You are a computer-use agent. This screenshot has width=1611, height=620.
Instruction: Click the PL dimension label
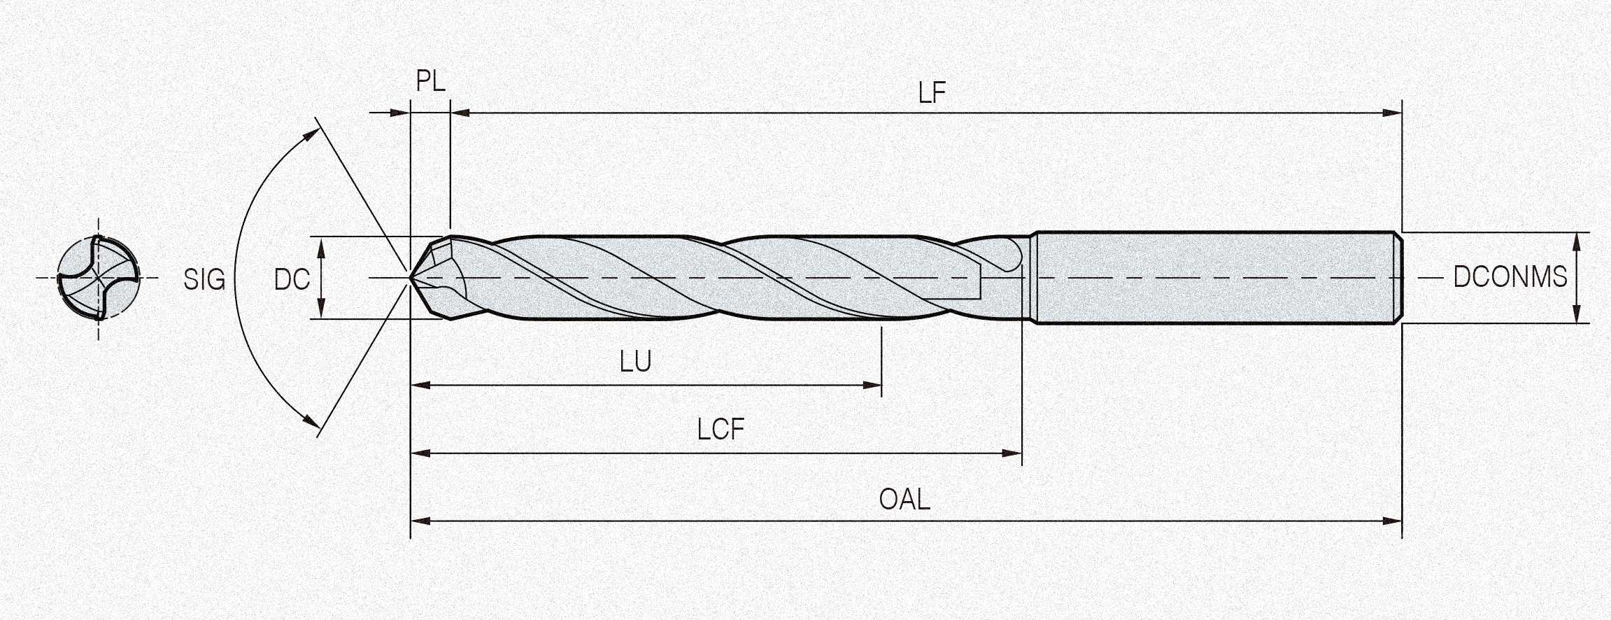430,81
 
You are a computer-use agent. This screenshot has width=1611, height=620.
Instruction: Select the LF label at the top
931,93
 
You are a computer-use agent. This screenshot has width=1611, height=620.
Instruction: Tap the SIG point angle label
204,280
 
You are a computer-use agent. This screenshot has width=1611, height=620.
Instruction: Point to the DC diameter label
292,280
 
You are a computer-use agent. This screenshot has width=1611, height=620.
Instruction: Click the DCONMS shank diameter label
1510,278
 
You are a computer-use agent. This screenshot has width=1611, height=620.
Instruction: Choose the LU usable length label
635,362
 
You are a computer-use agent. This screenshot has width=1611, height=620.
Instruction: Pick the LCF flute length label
721,430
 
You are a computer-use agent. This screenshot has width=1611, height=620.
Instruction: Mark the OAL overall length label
904,500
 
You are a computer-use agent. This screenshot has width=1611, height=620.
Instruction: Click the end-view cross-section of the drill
98,278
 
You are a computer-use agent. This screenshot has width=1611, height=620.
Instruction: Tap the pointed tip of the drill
412,278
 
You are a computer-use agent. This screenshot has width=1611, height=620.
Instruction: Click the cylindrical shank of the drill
1217,278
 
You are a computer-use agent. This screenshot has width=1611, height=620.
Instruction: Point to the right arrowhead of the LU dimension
874,385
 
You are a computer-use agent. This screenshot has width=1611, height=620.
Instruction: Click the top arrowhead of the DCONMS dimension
1576,241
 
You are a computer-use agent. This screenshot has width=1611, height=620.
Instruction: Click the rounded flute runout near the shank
1010,255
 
